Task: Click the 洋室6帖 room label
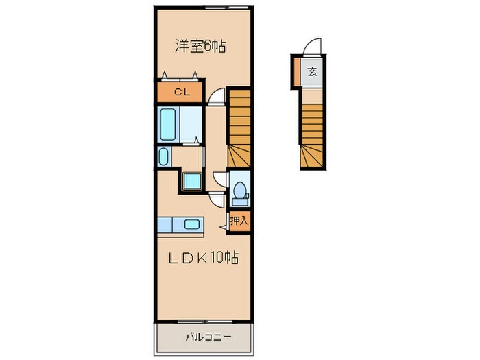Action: click(200, 47)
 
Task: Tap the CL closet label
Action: click(182, 92)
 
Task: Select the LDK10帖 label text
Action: click(204, 257)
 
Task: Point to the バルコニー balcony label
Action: click(208, 337)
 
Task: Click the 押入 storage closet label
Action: click(239, 220)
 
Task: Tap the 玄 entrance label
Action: click(312, 72)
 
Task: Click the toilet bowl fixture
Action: click(240, 193)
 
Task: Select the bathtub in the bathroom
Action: click(168, 124)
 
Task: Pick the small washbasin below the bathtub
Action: click(164, 157)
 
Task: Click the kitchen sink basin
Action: click(192, 224)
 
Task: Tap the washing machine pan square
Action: click(192, 181)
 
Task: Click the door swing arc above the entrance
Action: click(312, 46)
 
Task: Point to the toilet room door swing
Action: click(220, 178)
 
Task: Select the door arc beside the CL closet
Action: click(216, 96)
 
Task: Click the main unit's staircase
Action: click(239, 128)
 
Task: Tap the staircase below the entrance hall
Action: click(311, 136)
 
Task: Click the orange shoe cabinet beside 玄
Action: click(297, 71)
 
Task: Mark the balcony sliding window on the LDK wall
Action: click(205, 322)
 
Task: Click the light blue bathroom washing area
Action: click(191, 124)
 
